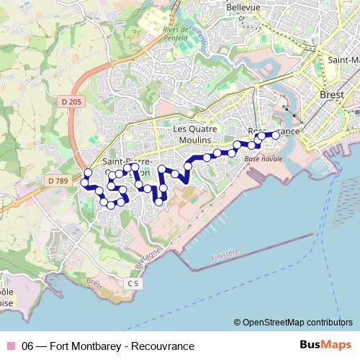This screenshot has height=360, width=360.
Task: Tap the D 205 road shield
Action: [71, 102]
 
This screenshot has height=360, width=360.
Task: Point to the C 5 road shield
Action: [132, 284]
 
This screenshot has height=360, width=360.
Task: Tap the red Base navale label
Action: [260, 158]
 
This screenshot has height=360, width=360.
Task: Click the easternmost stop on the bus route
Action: [275, 135]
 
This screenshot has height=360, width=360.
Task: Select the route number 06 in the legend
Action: [29, 346]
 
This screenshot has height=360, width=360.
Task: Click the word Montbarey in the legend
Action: [97, 346]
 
